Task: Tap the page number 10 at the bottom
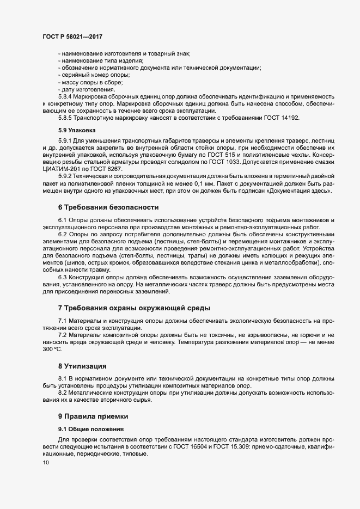click(45, 463)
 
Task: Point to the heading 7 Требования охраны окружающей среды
click(134, 308)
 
